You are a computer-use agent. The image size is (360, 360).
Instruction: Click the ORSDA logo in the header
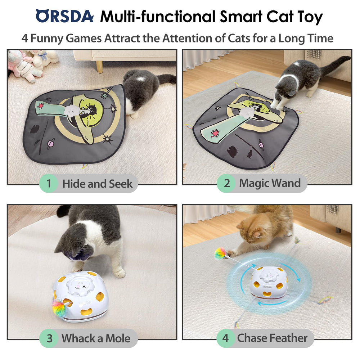pos(64,17)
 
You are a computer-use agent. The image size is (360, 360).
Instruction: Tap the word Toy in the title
pos(309,17)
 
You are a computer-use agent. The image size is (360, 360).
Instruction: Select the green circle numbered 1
pos(49,184)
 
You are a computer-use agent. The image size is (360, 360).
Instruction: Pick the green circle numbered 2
pos(227,183)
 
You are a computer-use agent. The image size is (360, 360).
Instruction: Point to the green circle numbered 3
pos(49,338)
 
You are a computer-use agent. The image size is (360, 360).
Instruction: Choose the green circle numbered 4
pos(225,338)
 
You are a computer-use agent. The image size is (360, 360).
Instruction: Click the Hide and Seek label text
pos(97,184)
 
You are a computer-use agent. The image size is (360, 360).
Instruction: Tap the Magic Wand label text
pos(270,183)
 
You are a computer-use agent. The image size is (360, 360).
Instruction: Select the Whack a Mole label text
pos(96,338)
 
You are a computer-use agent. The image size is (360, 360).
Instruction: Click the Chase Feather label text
pos(272,338)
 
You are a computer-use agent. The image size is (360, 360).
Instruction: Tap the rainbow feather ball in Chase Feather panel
pos(220,253)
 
